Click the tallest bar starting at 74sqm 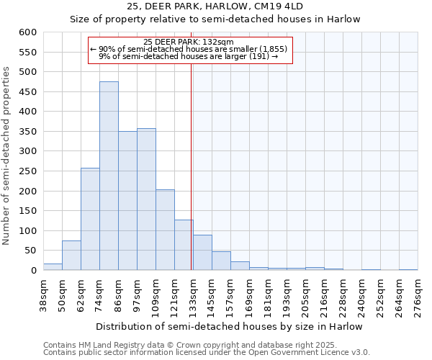click(109, 176)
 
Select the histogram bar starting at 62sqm click(90, 220)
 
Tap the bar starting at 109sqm click(165, 230)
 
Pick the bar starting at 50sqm click(71, 256)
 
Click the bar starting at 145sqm click(221, 261)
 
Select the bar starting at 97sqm click(146, 199)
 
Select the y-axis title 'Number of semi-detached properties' click(7, 156)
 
